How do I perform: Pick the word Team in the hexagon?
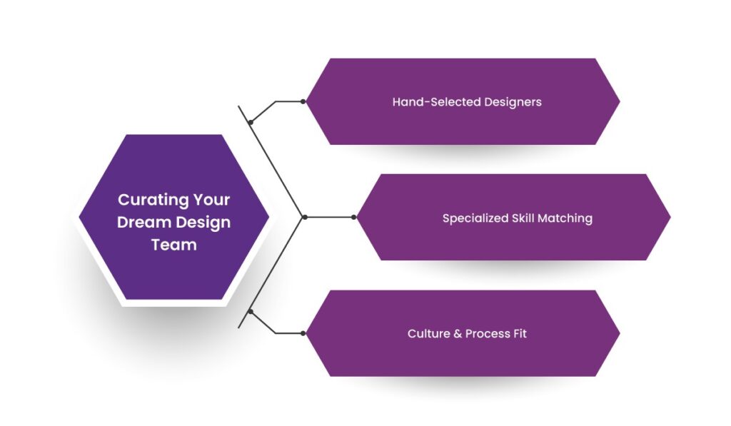click(173, 245)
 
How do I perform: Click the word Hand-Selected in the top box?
click(436, 102)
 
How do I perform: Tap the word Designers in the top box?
click(513, 102)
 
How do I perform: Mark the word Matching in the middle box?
click(567, 218)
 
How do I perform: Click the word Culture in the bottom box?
click(428, 334)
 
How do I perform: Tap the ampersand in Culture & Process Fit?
click(457, 334)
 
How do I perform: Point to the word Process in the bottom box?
click(487, 334)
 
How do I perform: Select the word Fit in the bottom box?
click(519, 334)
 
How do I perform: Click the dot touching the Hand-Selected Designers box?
click(303, 102)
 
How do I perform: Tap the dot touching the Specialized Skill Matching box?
click(354, 217)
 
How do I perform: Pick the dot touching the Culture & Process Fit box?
click(303, 333)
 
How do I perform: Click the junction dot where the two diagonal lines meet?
click(305, 217)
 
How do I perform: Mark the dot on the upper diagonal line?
click(251, 123)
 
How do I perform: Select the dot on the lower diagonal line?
click(251, 312)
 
